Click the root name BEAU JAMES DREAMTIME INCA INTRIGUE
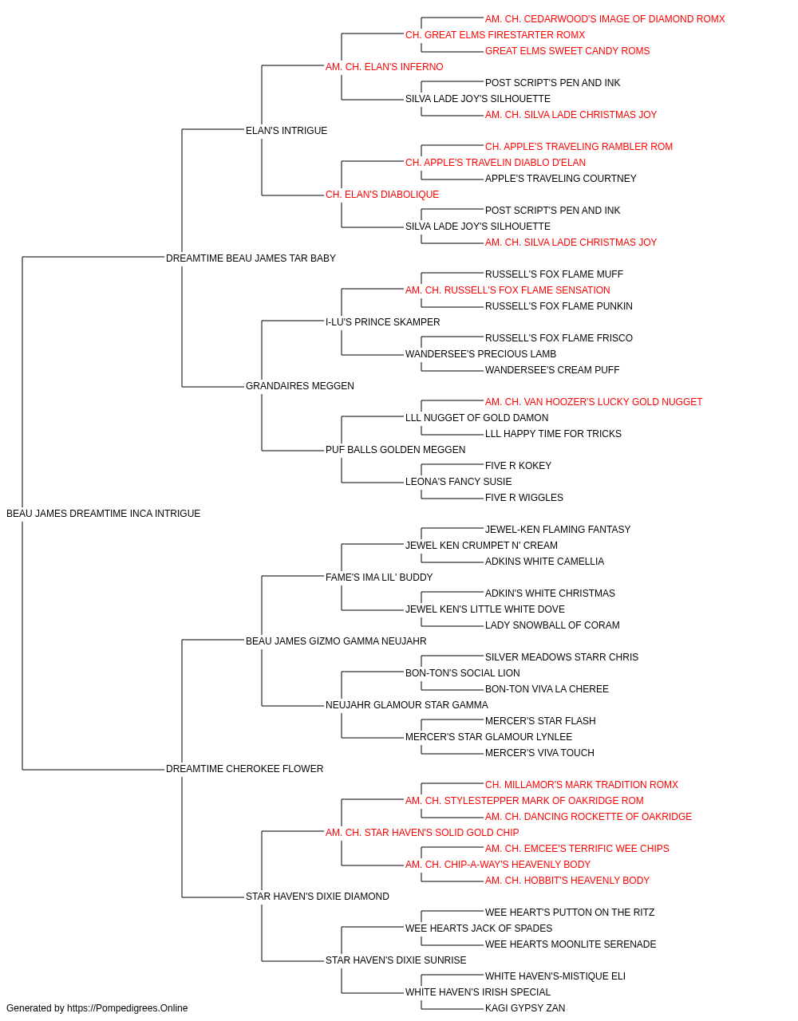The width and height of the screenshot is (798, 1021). (104, 514)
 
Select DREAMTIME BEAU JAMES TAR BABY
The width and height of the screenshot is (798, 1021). (251, 258)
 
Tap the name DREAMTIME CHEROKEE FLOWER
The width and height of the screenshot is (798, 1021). (244, 769)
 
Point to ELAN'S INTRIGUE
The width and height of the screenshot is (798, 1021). (286, 131)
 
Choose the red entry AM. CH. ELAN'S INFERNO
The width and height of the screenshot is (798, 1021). (384, 67)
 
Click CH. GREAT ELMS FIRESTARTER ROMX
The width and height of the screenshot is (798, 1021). (495, 35)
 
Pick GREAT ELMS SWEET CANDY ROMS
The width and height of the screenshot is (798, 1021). (567, 51)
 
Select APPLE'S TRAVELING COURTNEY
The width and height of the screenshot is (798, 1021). (561, 179)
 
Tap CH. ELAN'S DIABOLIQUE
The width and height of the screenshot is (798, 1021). (382, 195)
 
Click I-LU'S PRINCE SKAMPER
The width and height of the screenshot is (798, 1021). (382, 322)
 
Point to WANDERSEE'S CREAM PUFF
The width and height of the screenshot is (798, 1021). (552, 370)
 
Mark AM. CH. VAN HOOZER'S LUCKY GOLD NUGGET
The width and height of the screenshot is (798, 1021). (594, 402)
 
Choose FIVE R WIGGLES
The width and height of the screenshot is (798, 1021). (524, 498)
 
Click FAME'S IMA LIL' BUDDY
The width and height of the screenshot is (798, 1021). (379, 578)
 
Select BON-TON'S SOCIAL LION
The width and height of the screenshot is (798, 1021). (463, 673)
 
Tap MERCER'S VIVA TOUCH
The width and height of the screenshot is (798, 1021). (539, 753)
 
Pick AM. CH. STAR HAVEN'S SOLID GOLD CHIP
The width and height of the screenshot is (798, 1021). (422, 833)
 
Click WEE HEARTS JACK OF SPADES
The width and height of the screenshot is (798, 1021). (479, 928)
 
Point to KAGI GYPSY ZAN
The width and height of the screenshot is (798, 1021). (525, 1008)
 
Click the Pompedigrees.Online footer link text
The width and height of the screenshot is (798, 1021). (128, 1008)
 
